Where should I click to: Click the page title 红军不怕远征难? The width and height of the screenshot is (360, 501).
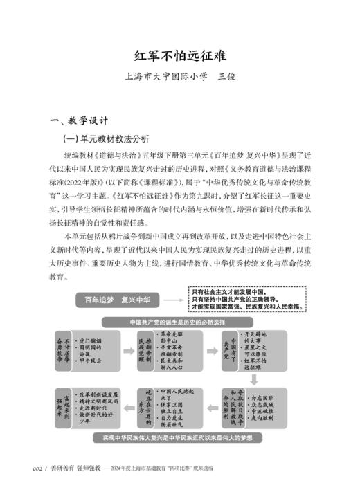pyautogui.click(x=180, y=55)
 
